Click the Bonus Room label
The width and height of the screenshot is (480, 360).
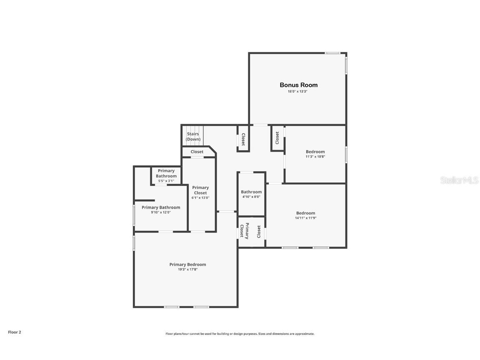[298, 85]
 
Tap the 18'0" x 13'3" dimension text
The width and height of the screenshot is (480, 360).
[297, 91]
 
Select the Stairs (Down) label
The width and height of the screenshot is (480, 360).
[193, 137]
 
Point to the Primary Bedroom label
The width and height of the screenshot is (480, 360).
[187, 265]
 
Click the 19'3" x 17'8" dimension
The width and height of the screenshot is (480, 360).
[187, 270]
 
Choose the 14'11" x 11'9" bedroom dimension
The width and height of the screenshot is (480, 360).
[305, 218]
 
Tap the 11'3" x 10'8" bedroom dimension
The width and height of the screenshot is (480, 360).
[315, 156]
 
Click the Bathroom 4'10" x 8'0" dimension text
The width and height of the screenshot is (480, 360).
[251, 197]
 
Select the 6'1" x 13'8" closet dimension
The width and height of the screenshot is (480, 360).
[200, 198]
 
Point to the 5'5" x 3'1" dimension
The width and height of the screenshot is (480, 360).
[166, 181]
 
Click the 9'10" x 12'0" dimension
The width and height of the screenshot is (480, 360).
[161, 212]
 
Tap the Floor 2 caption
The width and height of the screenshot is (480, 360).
[15, 332]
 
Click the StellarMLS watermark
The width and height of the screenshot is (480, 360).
[459, 180]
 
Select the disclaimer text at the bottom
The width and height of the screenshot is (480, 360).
[240, 334]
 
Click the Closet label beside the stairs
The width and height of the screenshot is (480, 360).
[197, 152]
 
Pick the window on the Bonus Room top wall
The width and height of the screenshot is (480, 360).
[332, 53]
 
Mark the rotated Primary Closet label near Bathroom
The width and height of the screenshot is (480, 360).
[244, 230]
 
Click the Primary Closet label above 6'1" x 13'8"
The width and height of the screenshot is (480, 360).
[200, 190]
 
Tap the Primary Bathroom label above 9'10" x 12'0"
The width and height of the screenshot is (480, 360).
[161, 207]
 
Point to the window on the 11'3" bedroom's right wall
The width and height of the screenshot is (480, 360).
[346, 155]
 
